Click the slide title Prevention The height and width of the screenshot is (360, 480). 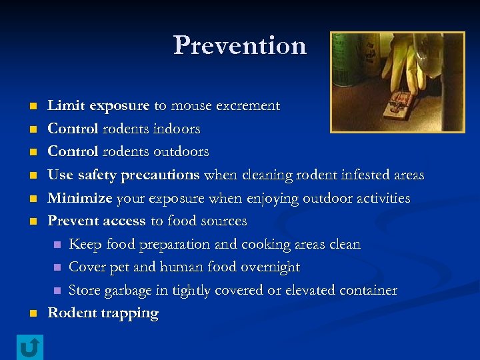[x=240, y=45]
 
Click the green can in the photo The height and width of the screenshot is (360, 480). [x=347, y=60]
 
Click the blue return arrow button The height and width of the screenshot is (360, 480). [x=29, y=347]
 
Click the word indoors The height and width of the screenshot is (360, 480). [x=175, y=128]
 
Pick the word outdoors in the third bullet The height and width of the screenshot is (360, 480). [x=180, y=151]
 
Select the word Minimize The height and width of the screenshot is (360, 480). [x=80, y=198]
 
